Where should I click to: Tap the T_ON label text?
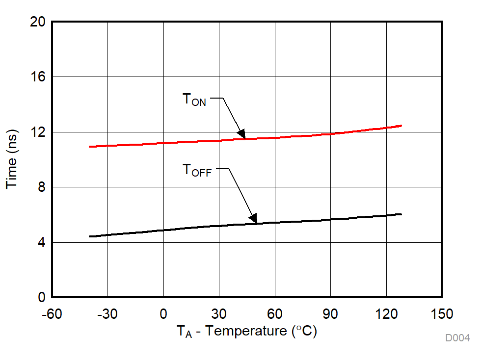[194, 100]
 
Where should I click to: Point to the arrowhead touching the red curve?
[241, 134]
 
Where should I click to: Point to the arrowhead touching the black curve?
[253, 219]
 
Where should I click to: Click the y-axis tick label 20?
[38, 22]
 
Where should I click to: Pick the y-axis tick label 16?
[38, 77]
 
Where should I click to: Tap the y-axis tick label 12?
[38, 132]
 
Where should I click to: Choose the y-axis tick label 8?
[41, 187]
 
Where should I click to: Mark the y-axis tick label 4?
[41, 243]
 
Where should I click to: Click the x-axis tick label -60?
[52, 314]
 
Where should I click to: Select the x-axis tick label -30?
[107, 314]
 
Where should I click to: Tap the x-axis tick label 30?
[219, 314]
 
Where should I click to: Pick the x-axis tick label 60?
[275, 314]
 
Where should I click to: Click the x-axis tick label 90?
[330, 314]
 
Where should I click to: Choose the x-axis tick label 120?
[386, 314]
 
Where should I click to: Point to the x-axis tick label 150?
[442, 314]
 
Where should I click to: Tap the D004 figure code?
[457, 338]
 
